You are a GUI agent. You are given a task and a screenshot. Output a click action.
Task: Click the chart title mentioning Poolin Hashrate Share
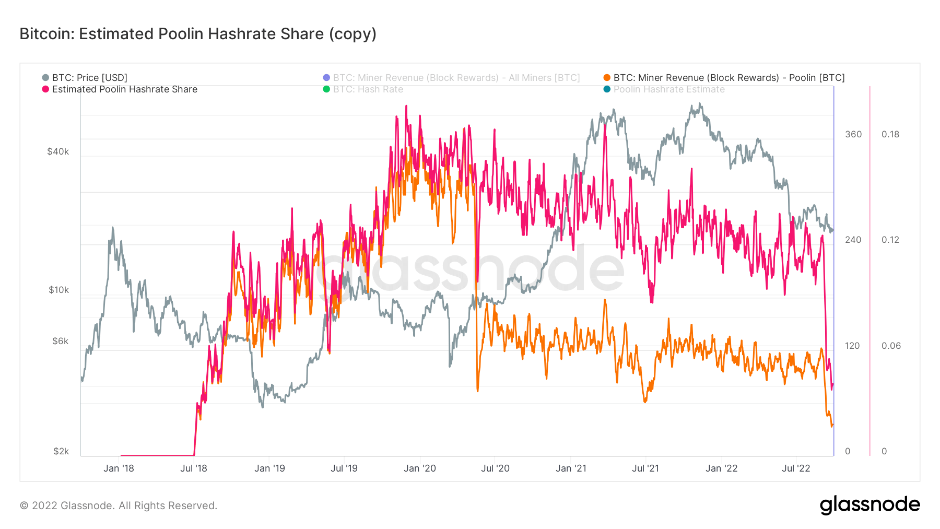198,34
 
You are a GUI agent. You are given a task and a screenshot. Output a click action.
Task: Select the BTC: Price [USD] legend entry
89,78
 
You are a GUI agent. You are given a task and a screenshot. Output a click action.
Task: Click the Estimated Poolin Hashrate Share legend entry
124,89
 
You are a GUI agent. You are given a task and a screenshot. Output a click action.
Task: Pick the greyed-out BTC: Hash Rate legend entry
368,89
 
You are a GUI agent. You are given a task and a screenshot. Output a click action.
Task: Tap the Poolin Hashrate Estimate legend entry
669,89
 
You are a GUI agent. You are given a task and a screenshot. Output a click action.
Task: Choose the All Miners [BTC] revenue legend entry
456,78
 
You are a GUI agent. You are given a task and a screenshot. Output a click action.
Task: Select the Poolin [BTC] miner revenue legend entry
728,78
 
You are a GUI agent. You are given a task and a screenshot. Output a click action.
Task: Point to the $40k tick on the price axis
58,151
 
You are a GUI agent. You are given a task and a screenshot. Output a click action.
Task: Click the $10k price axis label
58,290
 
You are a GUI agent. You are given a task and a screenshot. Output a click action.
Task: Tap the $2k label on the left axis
61,451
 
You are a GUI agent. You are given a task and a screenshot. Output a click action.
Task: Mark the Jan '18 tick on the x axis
119,468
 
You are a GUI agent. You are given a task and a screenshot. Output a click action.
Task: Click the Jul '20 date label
495,468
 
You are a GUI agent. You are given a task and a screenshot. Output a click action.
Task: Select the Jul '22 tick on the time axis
796,468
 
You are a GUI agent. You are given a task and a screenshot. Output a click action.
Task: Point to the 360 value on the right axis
853,134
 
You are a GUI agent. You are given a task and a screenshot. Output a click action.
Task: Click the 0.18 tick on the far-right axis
890,134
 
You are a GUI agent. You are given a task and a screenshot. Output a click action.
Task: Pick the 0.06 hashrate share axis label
891,346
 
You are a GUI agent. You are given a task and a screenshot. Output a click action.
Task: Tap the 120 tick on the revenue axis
852,346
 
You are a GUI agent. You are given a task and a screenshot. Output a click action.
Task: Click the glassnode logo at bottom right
869,505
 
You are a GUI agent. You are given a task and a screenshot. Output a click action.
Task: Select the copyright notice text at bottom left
119,506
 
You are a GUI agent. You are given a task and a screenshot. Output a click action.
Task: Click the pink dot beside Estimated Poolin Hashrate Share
45,89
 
